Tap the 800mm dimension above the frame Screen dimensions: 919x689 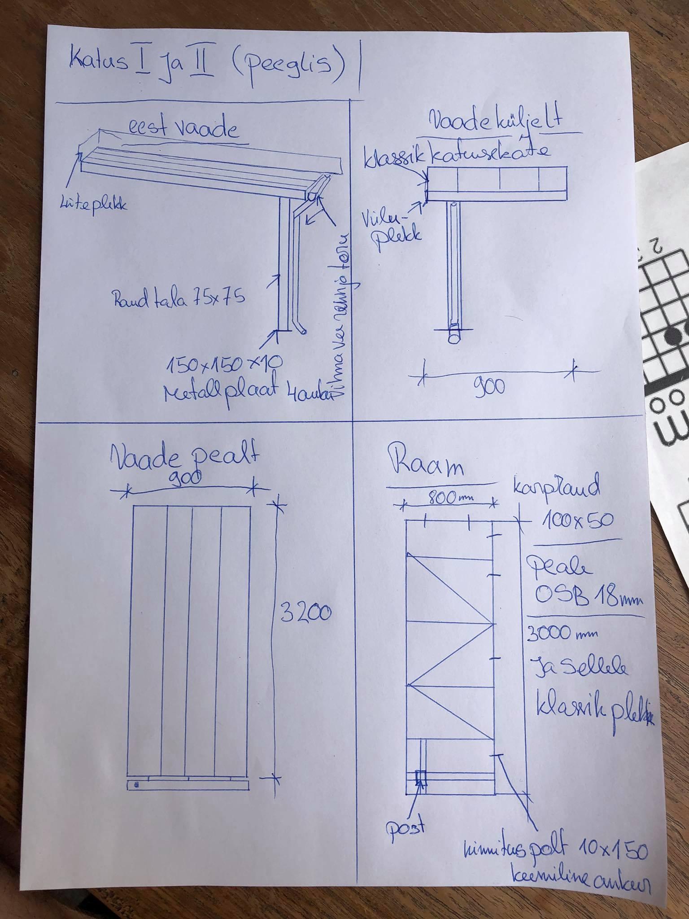(449, 498)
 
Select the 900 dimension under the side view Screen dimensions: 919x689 (489, 386)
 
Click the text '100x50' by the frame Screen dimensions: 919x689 (577, 520)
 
